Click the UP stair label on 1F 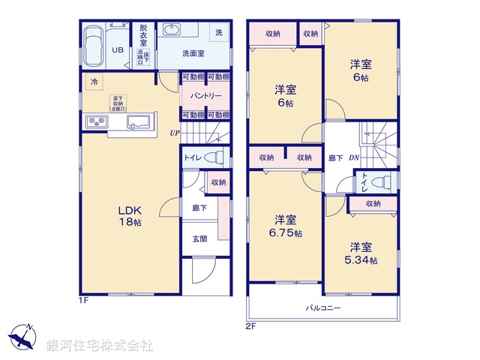(x=175, y=133)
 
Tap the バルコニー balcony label (x=323, y=308)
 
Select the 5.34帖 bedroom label (x=361, y=253)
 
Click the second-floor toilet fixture (x=381, y=182)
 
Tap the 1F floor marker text (x=85, y=300)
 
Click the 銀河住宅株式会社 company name (x=99, y=345)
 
